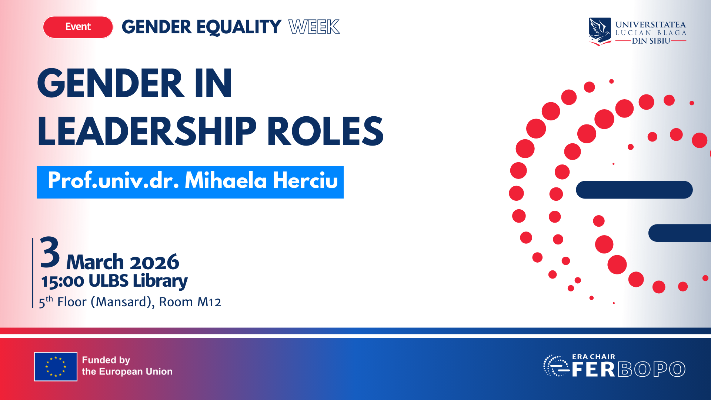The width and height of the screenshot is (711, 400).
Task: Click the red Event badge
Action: pyautogui.click(x=78, y=27)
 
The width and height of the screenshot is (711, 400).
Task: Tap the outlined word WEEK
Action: pyautogui.click(x=314, y=27)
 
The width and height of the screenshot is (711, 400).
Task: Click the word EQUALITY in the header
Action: pyautogui.click(x=239, y=27)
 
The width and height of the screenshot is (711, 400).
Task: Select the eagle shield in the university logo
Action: pyautogui.click(x=600, y=31)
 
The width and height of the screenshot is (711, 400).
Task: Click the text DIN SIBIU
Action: pyautogui.click(x=651, y=41)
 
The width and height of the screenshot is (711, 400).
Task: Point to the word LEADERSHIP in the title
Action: pyautogui.click(x=147, y=131)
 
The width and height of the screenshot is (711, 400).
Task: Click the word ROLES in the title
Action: pyautogui.click(x=325, y=131)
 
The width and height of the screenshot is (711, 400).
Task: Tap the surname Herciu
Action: pyautogui.click(x=305, y=180)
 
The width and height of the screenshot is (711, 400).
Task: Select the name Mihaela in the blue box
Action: pyautogui.click(x=226, y=180)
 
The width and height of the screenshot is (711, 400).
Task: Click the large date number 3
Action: pyautogui.click(x=50, y=253)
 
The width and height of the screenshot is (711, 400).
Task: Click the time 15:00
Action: pyautogui.click(x=63, y=281)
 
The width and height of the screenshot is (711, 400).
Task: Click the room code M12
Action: pyautogui.click(x=209, y=302)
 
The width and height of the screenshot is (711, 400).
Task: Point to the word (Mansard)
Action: pyautogui.click(x=123, y=302)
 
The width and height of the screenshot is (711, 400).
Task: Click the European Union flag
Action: pyautogui.click(x=56, y=367)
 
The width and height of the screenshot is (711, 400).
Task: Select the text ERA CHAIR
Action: pyautogui.click(x=593, y=357)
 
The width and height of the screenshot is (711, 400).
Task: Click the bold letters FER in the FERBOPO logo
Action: pyautogui.click(x=593, y=369)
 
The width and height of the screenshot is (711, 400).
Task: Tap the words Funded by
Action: pyautogui.click(x=106, y=360)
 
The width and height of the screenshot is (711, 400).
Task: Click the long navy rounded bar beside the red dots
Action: pyautogui.click(x=634, y=190)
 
